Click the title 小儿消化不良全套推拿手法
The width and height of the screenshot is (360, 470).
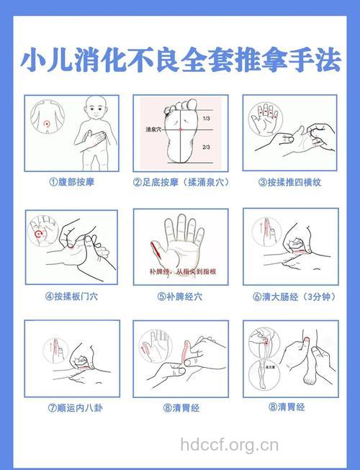[180, 60]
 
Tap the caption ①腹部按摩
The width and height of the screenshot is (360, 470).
[71, 182]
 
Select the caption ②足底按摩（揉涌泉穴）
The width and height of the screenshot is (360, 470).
[181, 182]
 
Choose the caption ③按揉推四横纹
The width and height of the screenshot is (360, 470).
[290, 182]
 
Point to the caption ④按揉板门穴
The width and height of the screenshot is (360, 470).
[71, 295]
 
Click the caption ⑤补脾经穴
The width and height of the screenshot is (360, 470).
[181, 295]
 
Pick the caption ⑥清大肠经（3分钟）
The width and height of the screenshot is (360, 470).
[290, 295]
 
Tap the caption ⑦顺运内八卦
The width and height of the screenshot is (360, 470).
[71, 407]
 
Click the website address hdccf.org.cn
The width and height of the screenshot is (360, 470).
[229, 445]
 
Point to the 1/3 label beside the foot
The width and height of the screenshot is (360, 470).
[207, 118]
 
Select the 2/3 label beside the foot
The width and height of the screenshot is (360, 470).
[207, 147]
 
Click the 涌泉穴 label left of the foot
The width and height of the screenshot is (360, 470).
[153, 130]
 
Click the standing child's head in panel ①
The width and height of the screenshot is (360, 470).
[95, 113]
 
